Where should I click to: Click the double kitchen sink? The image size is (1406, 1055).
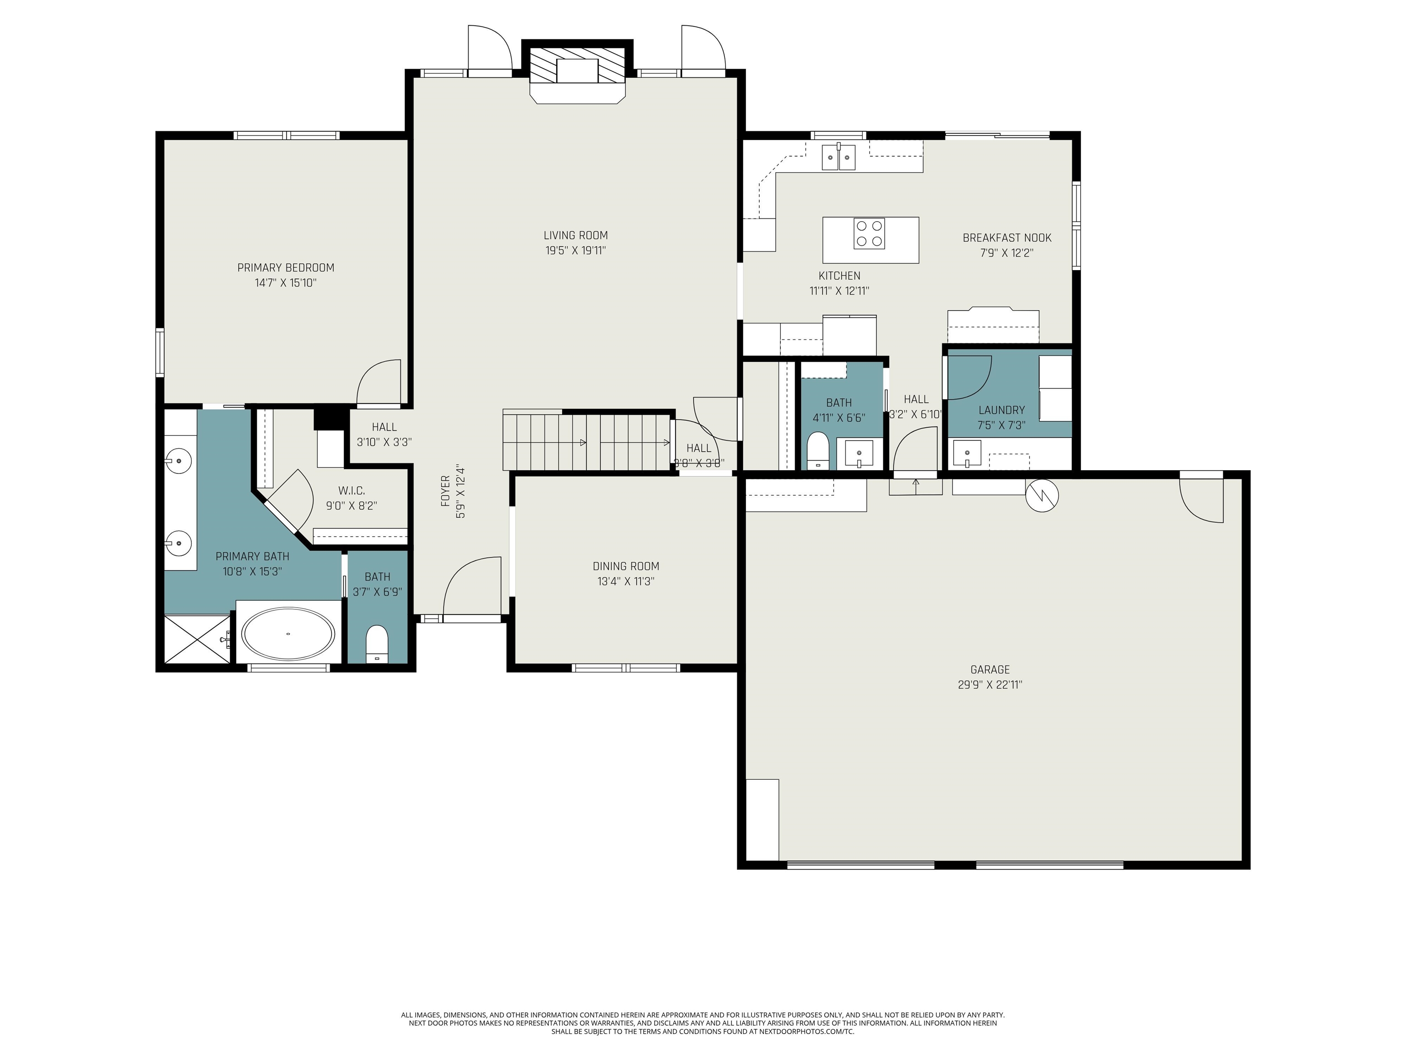[x=838, y=157]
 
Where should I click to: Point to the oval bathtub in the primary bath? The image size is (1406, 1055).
[x=289, y=634]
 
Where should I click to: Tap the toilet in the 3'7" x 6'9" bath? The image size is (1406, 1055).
[x=377, y=643]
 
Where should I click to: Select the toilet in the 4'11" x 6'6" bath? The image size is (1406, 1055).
[x=817, y=450]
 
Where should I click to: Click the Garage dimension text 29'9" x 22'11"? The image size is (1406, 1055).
[x=990, y=685]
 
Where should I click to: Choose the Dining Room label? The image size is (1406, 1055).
[x=626, y=566]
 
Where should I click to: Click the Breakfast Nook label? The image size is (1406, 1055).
[x=1007, y=238]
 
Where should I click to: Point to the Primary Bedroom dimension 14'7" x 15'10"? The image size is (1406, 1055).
[x=286, y=283]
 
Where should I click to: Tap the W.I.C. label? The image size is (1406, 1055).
[x=351, y=491]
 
